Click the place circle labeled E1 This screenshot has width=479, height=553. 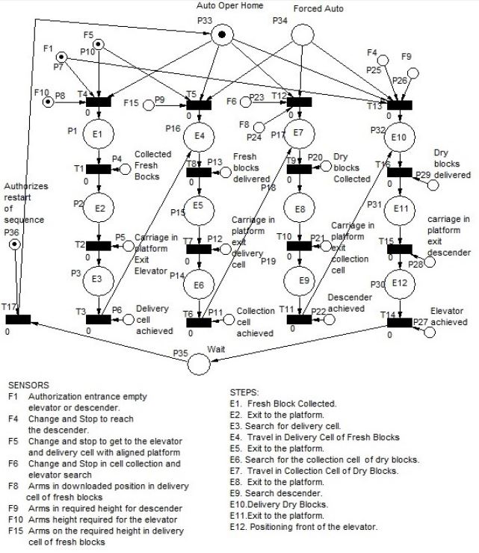pyautogui.click(x=99, y=135)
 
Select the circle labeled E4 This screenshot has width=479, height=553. pyautogui.click(x=199, y=137)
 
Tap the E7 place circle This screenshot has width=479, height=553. pyautogui.click(x=298, y=134)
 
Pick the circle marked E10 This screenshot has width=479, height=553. pyautogui.click(x=399, y=138)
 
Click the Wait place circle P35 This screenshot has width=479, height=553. pyautogui.click(x=199, y=363)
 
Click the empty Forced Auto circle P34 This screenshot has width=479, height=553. pyautogui.click(x=302, y=34)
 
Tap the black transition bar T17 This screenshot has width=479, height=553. pyautogui.click(x=18, y=320)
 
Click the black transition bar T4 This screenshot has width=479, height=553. pyautogui.click(x=98, y=102)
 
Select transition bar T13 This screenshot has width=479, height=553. pyautogui.click(x=399, y=104)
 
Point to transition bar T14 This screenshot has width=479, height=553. pyautogui.click(x=399, y=322)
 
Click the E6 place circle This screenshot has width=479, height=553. pyautogui.click(x=199, y=285)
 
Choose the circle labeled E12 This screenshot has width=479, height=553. pyautogui.click(x=399, y=284)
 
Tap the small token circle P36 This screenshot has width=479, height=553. pyautogui.click(x=13, y=244)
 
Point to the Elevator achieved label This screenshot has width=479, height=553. pyautogui.click(x=449, y=317)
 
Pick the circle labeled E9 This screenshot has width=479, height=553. pyautogui.click(x=298, y=281)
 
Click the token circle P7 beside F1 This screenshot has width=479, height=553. pyautogui.click(x=61, y=58)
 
